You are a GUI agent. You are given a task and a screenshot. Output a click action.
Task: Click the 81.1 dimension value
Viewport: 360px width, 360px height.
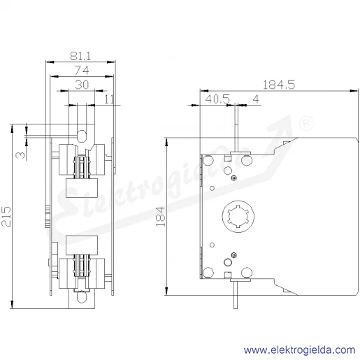[80, 56]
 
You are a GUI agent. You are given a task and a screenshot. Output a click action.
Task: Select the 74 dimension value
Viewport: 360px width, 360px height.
[82, 71]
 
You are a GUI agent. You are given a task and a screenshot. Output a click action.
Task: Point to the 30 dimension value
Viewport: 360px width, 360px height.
[82, 85]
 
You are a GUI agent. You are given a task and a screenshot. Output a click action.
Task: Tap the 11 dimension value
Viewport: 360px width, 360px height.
[109, 99]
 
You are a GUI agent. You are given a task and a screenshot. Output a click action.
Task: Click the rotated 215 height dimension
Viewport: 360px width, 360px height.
[6, 216]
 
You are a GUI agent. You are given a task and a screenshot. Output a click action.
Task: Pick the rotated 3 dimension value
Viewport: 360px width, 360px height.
[21, 155]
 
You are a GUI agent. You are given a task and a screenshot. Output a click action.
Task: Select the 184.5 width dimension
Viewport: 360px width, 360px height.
[279, 85]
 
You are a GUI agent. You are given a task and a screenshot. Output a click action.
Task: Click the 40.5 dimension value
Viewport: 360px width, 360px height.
[217, 99]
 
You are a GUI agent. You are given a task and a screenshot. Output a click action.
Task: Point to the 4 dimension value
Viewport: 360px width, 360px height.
[256, 99]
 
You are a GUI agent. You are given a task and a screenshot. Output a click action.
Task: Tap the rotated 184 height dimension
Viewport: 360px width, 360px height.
[160, 217]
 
